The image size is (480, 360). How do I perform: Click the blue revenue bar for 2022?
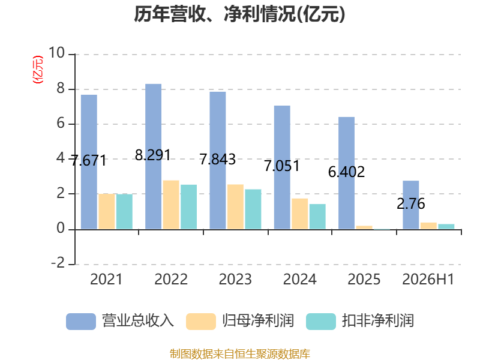click(153, 157)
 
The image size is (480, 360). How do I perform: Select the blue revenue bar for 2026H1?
click(411, 205)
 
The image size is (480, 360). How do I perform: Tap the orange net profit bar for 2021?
click(107, 211)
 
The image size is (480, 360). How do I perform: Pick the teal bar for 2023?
click(253, 209)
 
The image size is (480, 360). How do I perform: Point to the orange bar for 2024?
click(299, 214)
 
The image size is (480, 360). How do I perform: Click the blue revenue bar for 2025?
click(347, 173)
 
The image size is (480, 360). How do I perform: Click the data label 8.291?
click(153, 155)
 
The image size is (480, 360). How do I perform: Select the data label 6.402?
click(347, 172)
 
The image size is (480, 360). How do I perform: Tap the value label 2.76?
click(411, 203)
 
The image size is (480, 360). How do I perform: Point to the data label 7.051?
click(281, 166)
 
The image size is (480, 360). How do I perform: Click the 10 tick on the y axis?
click(56, 53)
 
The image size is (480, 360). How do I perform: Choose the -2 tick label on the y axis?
click(58, 263)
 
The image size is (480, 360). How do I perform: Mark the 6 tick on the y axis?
click(61, 124)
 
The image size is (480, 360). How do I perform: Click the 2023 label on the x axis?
click(235, 279)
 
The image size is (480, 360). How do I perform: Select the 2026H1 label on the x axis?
click(428, 279)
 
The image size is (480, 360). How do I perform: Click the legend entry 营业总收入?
click(120, 321)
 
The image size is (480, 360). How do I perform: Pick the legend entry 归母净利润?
click(240, 321)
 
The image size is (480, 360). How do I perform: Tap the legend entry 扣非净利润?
click(360, 321)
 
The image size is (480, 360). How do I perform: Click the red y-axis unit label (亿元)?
click(38, 70)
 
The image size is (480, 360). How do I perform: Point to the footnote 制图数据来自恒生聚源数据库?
click(240, 354)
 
